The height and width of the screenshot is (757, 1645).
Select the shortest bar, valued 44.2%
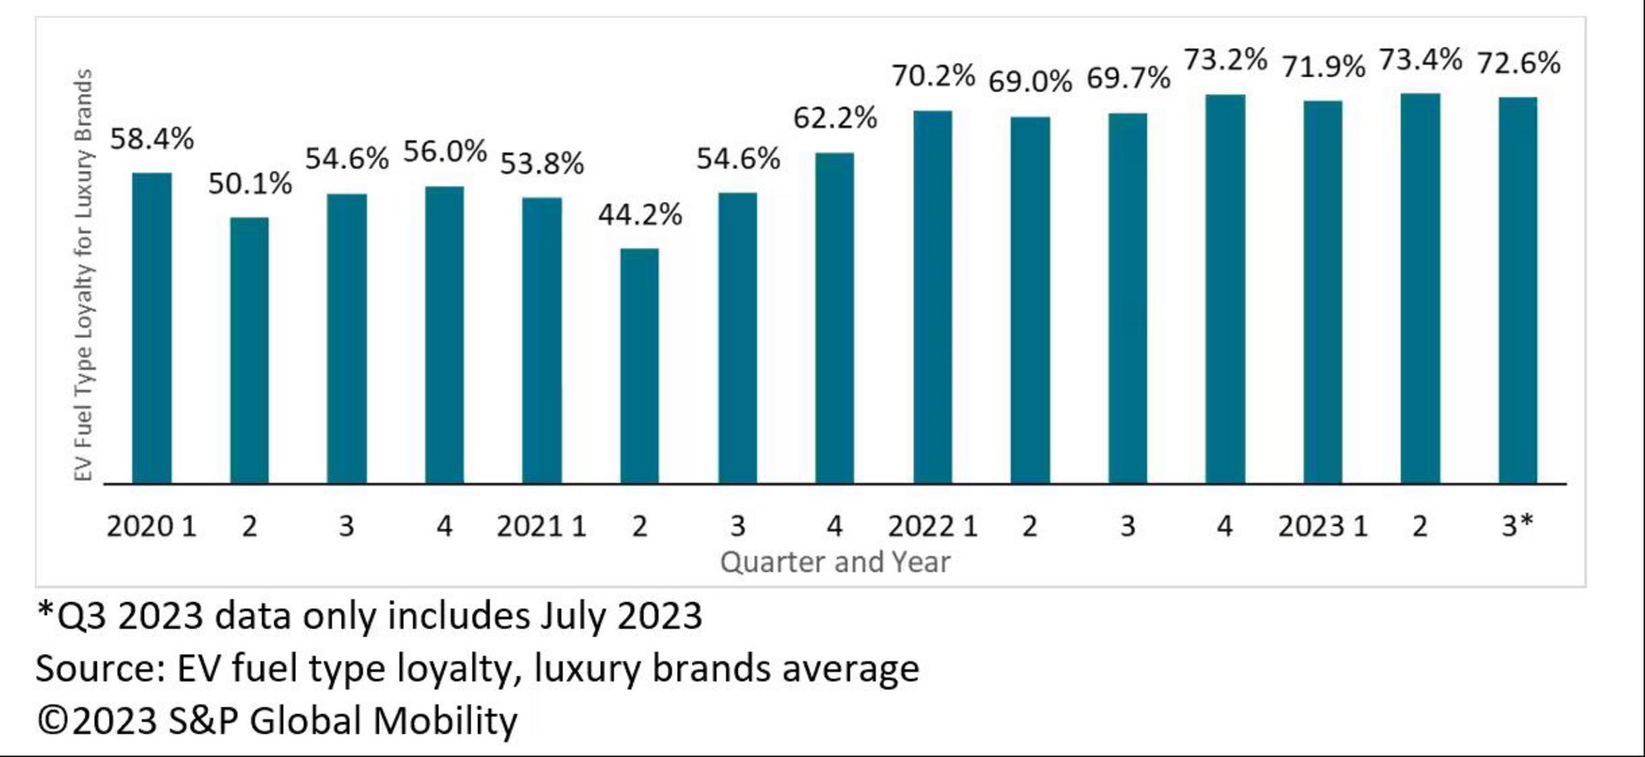(x=639, y=366)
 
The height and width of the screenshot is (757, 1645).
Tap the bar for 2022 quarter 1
(x=932, y=297)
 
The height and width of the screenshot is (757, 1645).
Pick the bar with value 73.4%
(x=1420, y=289)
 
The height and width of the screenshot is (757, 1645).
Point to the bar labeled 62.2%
(x=834, y=318)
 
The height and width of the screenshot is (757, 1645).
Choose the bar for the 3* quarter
(x=1517, y=290)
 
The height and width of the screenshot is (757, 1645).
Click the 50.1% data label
(x=249, y=183)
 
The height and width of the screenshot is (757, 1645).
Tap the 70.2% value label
(x=933, y=76)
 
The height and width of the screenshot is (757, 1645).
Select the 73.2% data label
(x=1225, y=60)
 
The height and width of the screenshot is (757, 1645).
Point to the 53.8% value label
(x=541, y=163)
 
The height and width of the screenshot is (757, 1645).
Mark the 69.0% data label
(x=1030, y=82)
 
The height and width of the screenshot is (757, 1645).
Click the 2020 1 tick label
(x=152, y=526)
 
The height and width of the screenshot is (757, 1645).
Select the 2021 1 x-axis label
(x=541, y=526)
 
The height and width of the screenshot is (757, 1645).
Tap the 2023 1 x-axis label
(x=1323, y=526)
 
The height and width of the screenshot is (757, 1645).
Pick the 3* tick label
(x=1517, y=526)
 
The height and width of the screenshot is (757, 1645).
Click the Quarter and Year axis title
(x=834, y=562)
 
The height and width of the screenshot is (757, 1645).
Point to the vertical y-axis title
(x=83, y=275)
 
